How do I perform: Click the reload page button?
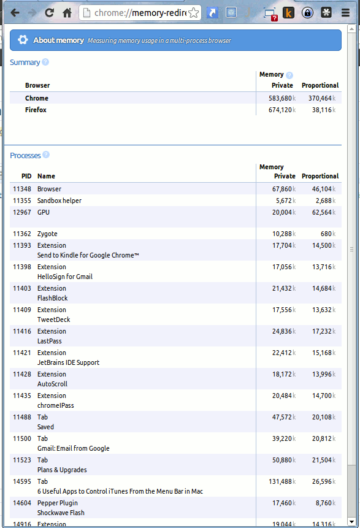49,12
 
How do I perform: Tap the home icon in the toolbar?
67,12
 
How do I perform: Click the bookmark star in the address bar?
194,13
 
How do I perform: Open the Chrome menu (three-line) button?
345,12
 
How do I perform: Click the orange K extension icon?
288,12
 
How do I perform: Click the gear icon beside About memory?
23,40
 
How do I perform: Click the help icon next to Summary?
45,62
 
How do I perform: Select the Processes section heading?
25,155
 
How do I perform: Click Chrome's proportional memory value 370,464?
320,98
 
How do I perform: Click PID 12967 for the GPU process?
22,212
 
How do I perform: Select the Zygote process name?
47,234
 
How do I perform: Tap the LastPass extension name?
49,341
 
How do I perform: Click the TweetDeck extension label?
53,319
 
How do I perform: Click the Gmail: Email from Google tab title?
73,448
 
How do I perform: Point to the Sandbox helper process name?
59,201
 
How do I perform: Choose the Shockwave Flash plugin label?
61,513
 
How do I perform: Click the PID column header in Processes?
26,176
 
